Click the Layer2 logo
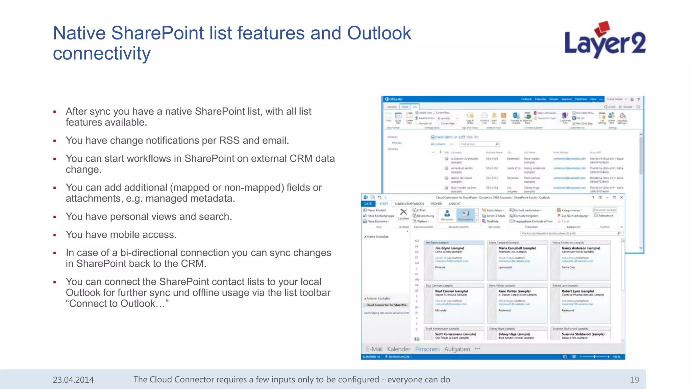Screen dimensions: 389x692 [605, 41]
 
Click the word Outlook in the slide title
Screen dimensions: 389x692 [379, 33]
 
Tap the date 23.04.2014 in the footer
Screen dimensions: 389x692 [73, 380]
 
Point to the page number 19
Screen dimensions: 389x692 [634, 380]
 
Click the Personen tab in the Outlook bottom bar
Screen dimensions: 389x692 [427, 349]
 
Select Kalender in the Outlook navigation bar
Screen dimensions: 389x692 [398, 349]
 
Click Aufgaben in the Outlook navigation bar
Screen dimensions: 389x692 [457, 349]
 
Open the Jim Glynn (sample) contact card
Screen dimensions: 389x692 [453, 260]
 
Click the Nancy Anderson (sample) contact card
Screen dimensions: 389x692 [580, 260]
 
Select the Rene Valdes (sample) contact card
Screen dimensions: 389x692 [517, 303]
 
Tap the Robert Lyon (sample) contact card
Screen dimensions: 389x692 [580, 303]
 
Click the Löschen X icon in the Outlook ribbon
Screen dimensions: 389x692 [403, 213]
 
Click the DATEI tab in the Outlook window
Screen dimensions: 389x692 [368, 204]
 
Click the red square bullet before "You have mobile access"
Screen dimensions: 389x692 [55, 235]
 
